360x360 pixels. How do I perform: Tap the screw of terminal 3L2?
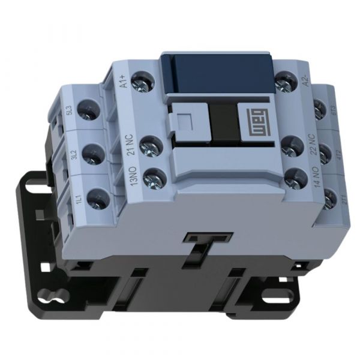(92, 154)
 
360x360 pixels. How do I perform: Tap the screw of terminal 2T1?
(329, 199)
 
